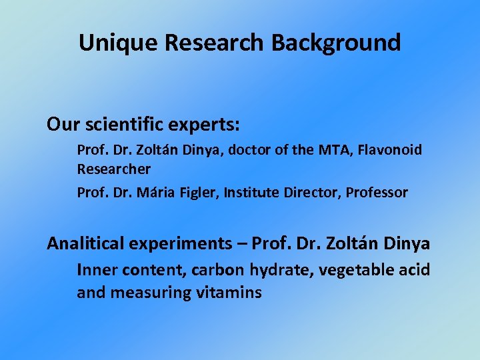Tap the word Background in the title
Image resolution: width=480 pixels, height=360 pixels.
coord(336,43)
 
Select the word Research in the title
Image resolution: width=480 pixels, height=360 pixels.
coord(215,43)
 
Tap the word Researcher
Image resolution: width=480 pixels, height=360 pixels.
coord(113,169)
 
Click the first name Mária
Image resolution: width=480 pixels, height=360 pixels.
coord(158,193)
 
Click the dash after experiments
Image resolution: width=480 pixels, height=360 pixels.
coord(244,244)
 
